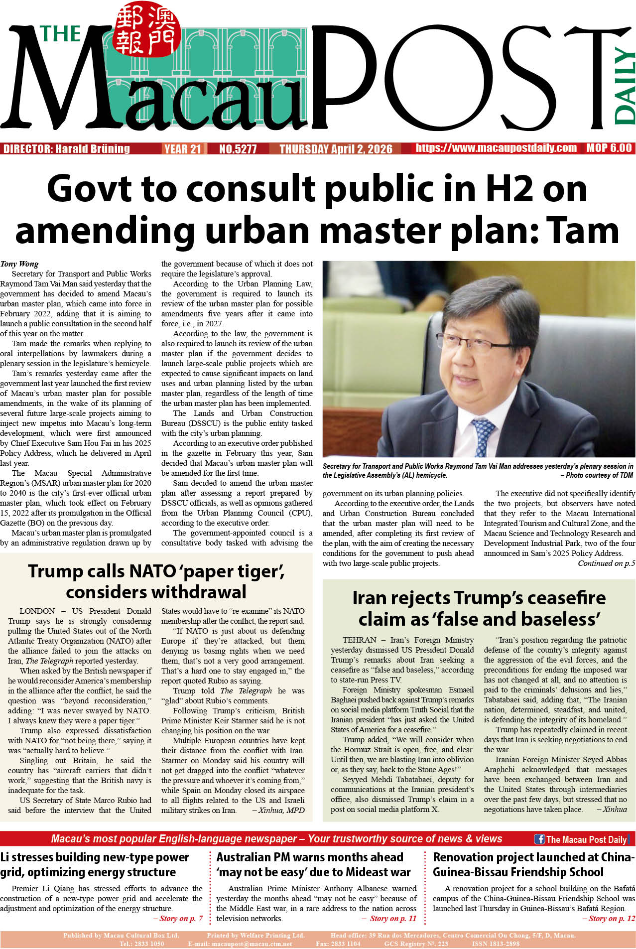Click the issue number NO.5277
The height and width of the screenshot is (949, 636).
pos(238,149)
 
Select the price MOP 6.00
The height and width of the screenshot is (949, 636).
pos(609,148)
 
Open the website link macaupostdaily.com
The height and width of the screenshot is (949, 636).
pos(496,148)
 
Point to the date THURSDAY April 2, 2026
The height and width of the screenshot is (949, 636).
pos(336,149)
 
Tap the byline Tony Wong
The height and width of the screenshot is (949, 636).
pos(19,264)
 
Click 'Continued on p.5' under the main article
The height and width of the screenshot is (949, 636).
pos(606,563)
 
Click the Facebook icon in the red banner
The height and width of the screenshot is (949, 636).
pos(539,839)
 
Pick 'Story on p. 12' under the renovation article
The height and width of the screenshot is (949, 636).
pos(608,919)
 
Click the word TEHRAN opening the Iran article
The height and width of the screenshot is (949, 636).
pos(359,640)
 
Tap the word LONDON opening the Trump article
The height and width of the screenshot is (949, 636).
pos(37,611)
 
